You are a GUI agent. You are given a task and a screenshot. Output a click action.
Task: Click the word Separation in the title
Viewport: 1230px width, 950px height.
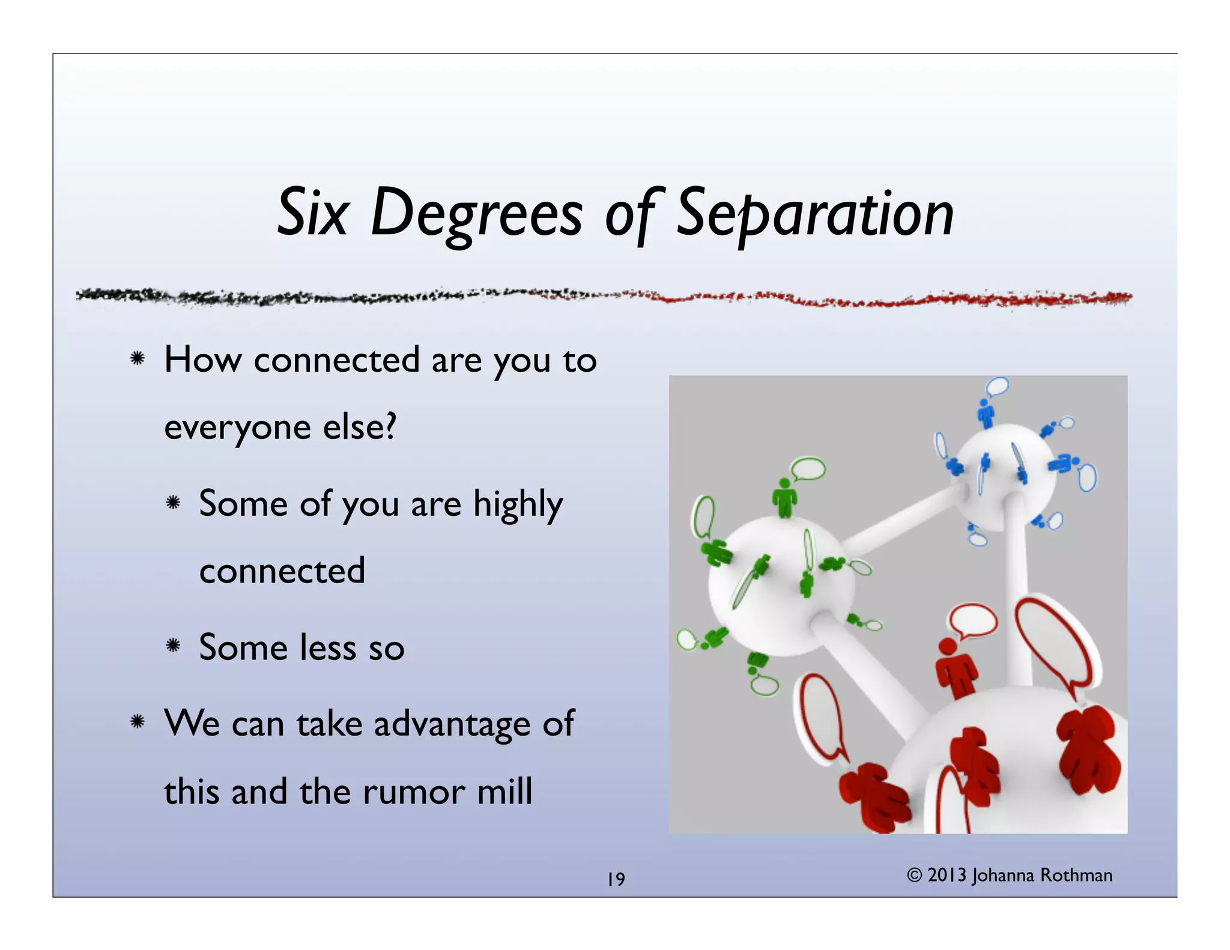(815, 213)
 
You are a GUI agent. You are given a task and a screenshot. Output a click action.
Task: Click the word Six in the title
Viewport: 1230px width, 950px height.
(312, 213)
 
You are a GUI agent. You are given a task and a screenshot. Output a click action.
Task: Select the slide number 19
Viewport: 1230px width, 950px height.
(616, 879)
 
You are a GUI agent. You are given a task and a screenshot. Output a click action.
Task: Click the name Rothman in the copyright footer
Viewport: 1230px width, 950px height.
(1076, 875)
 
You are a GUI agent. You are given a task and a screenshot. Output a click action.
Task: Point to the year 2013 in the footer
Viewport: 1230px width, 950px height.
(947, 875)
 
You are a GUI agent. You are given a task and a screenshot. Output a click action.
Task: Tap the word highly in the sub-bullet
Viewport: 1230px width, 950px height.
(518, 504)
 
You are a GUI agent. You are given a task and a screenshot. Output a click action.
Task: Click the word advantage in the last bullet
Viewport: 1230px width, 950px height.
(452, 724)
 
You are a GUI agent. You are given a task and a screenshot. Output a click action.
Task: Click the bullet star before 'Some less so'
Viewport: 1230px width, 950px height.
(174, 646)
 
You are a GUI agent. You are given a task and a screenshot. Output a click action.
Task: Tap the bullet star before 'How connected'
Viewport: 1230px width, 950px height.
(138, 359)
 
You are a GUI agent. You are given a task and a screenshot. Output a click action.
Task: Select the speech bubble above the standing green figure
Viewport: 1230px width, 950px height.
(808, 468)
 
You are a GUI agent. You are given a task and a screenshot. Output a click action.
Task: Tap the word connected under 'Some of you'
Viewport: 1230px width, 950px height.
(282, 570)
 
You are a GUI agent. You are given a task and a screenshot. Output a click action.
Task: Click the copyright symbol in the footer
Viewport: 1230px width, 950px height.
(914, 875)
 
